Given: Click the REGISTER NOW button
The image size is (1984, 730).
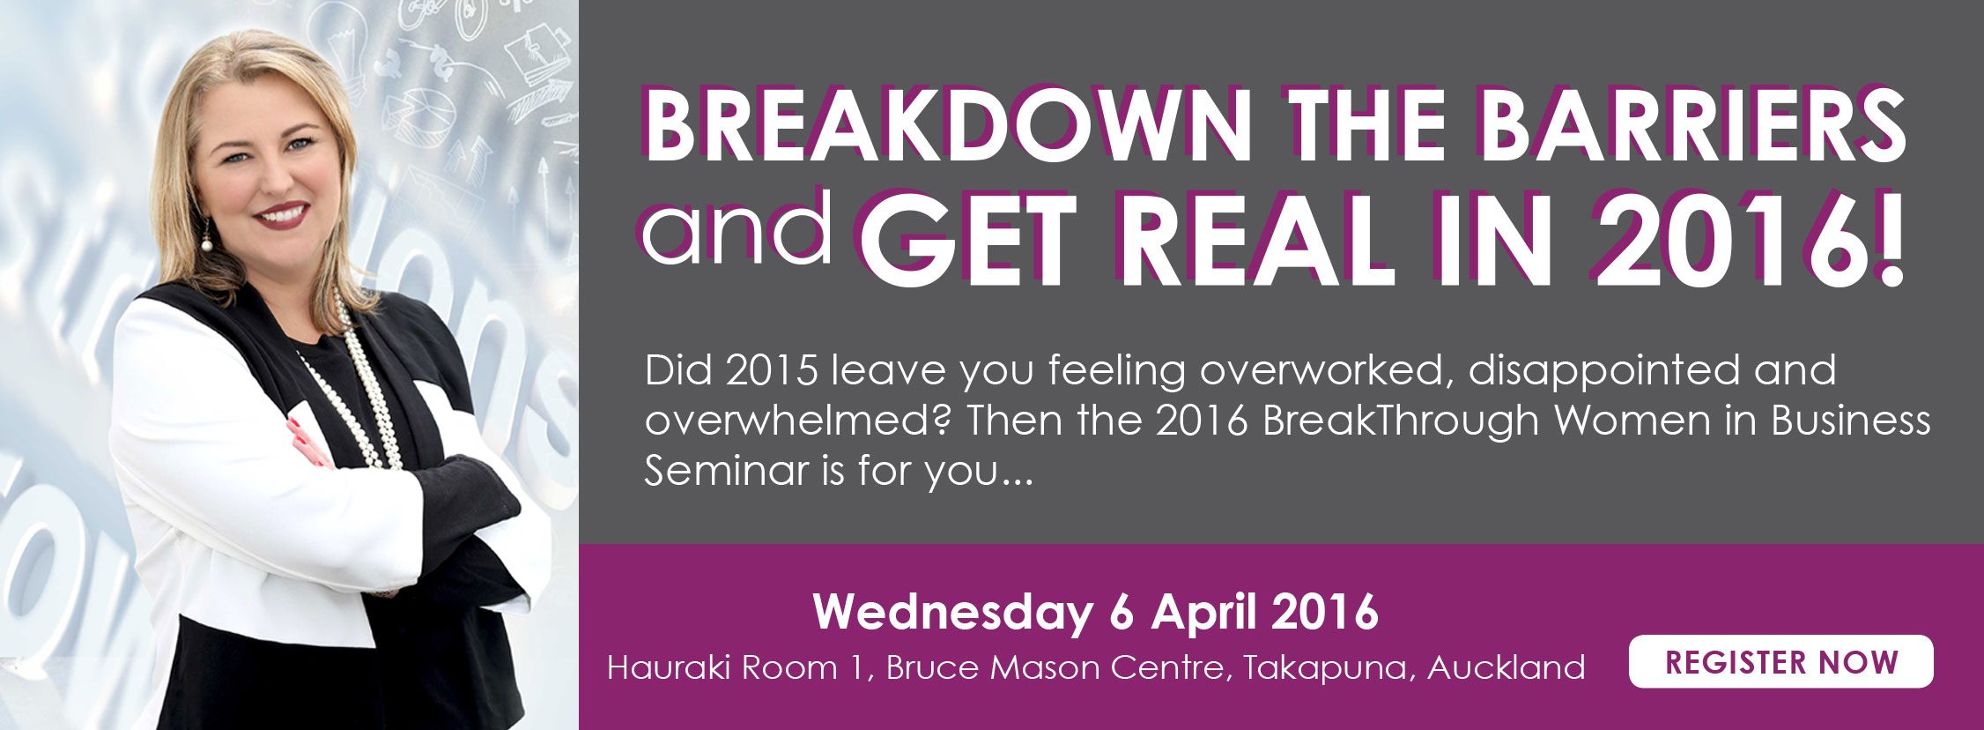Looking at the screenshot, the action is (1780, 661).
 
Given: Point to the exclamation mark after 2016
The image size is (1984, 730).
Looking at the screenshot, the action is (1890, 235).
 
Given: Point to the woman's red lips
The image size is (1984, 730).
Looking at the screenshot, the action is (281, 214).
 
